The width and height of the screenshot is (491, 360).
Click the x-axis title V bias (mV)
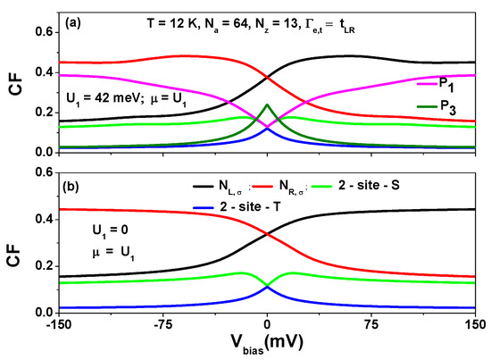267,347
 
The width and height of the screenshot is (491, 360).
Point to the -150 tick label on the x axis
59,323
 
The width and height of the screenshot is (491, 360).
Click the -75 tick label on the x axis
164,323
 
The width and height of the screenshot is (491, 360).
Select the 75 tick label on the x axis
371,323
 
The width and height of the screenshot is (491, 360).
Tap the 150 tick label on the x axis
473,323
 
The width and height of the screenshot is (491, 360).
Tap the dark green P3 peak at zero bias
267,105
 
